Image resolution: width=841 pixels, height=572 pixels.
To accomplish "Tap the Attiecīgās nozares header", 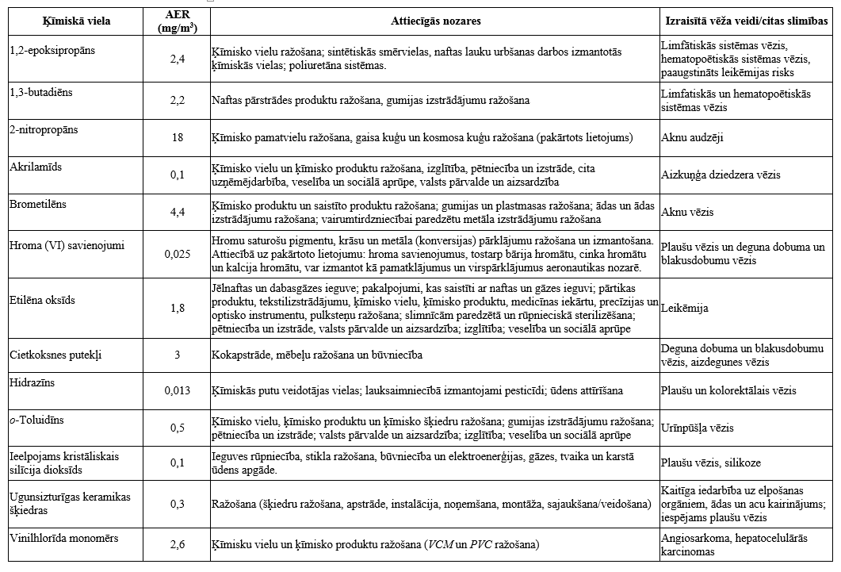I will (x=435, y=21).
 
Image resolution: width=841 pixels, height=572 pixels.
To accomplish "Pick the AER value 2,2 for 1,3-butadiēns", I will (x=178, y=100).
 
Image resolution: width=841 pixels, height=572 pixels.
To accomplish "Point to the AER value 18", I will (x=178, y=137).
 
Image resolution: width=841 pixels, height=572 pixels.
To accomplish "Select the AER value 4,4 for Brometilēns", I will (x=178, y=213).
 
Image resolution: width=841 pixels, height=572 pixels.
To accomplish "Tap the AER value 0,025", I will (x=178, y=254).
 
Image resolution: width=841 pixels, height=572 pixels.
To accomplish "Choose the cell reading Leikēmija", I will (x=685, y=308).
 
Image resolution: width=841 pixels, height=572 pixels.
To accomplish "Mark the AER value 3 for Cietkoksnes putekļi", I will (x=178, y=355).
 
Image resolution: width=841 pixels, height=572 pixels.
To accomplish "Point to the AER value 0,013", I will (x=178, y=390).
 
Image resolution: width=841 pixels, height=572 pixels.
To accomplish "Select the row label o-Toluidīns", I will (x=36, y=419).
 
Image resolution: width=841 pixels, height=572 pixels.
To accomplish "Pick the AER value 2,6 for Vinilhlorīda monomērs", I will (x=178, y=544).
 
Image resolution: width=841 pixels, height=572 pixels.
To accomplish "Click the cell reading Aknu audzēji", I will (x=692, y=137).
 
